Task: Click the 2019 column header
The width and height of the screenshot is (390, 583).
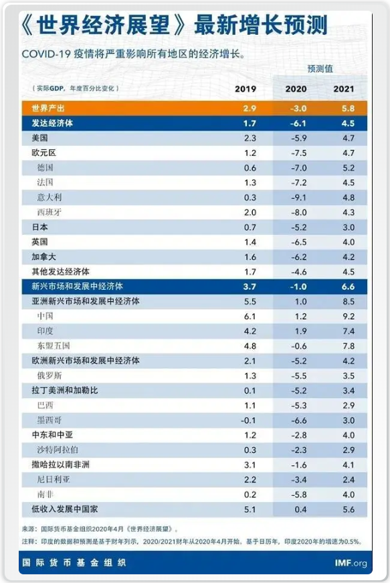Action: [x=246, y=89]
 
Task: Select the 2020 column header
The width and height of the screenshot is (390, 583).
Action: [x=296, y=89]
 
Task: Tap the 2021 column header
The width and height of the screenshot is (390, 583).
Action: [x=344, y=89]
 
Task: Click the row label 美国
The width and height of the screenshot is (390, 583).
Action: [x=39, y=138]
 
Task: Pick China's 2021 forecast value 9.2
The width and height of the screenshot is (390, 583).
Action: [x=349, y=317]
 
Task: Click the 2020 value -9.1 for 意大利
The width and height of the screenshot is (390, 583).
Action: [x=299, y=197]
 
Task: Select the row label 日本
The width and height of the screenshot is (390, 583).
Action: [x=39, y=227]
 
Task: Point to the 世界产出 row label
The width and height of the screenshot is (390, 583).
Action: [x=48, y=108]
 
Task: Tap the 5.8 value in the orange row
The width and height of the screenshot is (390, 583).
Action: [x=348, y=108]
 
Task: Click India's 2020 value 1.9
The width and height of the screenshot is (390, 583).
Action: [x=301, y=331]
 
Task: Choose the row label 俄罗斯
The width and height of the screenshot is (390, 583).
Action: [x=50, y=376]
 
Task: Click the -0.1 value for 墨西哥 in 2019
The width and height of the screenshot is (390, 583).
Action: [x=248, y=420]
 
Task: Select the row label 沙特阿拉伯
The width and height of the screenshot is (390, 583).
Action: [x=58, y=450]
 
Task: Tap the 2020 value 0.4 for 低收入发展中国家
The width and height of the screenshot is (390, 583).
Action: [x=300, y=509]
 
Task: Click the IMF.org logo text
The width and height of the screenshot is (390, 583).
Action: [x=351, y=563]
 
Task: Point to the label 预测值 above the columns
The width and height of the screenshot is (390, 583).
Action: [x=320, y=68]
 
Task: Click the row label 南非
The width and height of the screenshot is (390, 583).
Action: [x=45, y=495]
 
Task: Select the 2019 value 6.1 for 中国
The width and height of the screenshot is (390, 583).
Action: [x=250, y=317]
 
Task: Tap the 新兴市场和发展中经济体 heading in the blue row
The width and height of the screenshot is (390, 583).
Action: [x=77, y=286]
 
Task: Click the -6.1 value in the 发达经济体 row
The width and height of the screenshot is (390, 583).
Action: [x=298, y=123]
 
